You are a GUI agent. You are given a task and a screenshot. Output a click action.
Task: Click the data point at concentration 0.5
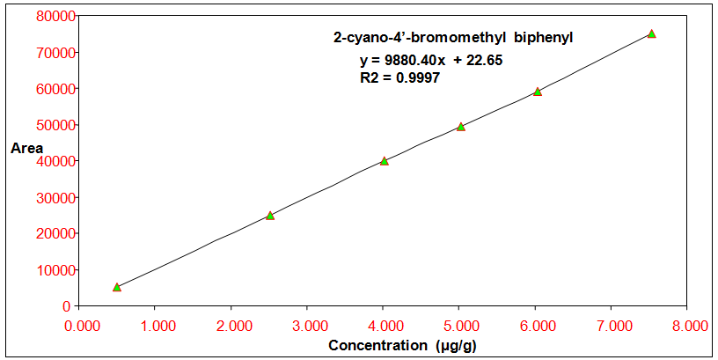click(117, 287)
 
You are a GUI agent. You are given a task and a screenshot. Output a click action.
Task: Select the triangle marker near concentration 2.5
click(270, 216)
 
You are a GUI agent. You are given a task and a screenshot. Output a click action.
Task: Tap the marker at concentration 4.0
click(385, 161)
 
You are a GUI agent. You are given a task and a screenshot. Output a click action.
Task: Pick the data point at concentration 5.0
click(460, 127)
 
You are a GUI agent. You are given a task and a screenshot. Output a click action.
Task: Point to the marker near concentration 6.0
click(538, 92)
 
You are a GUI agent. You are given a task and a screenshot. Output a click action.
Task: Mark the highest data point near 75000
click(651, 33)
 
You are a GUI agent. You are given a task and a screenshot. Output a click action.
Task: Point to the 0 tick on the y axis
click(67, 305)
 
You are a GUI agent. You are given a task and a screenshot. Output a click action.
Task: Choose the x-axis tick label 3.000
click(306, 325)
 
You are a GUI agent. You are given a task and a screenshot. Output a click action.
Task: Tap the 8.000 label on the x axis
click(687, 325)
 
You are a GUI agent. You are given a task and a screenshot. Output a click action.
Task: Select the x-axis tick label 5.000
click(458, 325)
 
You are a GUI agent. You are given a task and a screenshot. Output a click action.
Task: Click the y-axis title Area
click(26, 148)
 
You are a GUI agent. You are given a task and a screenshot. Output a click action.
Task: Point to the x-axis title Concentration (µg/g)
click(403, 345)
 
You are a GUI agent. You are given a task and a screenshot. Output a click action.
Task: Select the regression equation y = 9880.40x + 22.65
click(430, 61)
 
